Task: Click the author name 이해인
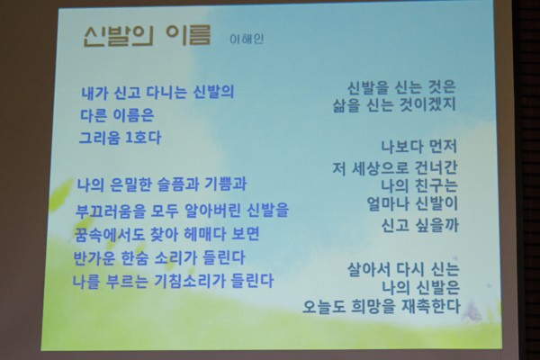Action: pyautogui.click(x=247, y=39)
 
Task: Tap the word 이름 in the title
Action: pyautogui.click(x=188, y=35)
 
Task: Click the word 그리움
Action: pyautogui.click(x=100, y=138)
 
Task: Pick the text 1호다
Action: pyautogui.click(x=143, y=138)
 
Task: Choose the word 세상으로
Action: pyautogui.click(x=380, y=168)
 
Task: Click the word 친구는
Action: pyautogui.click(x=436, y=185)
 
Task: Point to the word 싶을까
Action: pyautogui.click(x=437, y=226)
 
